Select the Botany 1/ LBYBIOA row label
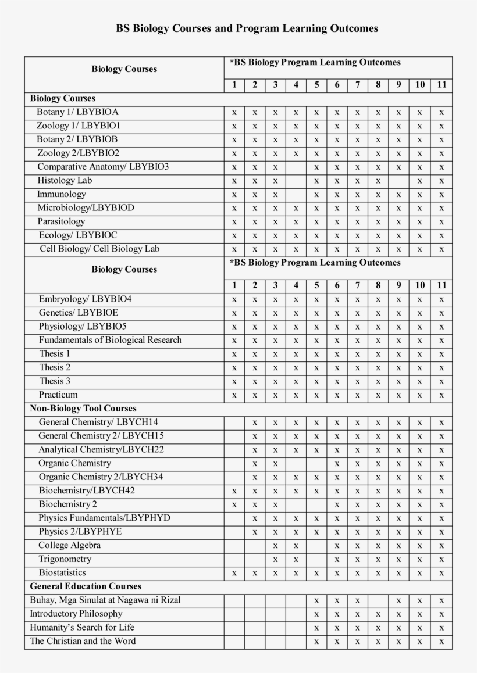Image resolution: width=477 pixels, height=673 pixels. click(x=77, y=112)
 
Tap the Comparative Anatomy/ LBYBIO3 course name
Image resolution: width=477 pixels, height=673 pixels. click(x=103, y=167)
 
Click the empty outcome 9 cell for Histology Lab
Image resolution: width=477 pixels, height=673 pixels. click(x=398, y=181)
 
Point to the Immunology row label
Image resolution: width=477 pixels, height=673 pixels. click(x=62, y=194)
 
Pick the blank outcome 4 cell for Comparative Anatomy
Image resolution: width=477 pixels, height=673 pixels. click(x=296, y=167)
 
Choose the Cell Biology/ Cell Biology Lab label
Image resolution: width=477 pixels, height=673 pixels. click(x=99, y=249)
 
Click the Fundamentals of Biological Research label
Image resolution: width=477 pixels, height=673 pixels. click(x=111, y=340)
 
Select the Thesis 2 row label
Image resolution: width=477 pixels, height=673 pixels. click(x=55, y=367)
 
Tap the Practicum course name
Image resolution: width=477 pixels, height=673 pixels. click(x=58, y=395)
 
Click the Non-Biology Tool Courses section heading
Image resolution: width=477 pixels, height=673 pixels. click(x=83, y=409)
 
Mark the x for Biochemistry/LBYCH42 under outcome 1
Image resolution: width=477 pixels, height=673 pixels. click(x=234, y=491)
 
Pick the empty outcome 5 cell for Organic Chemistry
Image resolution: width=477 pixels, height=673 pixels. click(x=316, y=464)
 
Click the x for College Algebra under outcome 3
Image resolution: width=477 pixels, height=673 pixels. click(x=275, y=546)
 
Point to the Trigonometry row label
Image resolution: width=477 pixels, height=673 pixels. click(x=65, y=559)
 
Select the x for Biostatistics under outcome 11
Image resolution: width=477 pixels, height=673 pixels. click(x=442, y=573)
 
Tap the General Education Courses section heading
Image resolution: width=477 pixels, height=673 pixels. click(x=86, y=586)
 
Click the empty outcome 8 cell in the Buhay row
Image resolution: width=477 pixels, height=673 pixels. click(x=378, y=600)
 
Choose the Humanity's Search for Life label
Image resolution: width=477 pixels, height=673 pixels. click(x=82, y=628)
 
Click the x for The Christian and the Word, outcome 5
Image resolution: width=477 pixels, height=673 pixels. click(x=316, y=642)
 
